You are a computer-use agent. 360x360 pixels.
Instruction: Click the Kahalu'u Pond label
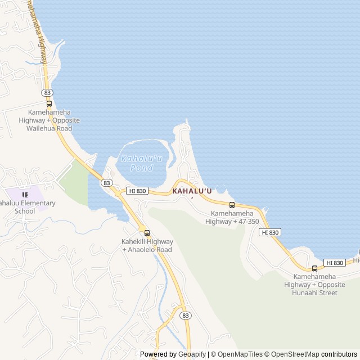[x=141, y=163]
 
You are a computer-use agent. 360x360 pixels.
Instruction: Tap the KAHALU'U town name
[x=192, y=191]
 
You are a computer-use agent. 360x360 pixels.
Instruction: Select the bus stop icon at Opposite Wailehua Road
[x=49, y=103]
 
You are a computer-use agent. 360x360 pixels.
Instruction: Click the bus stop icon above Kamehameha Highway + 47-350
[x=232, y=205]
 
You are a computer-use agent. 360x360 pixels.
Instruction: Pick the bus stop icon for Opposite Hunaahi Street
[x=314, y=268]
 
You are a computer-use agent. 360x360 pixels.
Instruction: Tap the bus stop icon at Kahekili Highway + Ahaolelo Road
[x=147, y=233]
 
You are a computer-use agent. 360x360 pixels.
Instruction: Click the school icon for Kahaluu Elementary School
[x=25, y=195]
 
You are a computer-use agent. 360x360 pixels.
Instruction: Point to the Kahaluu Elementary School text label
[x=27, y=207]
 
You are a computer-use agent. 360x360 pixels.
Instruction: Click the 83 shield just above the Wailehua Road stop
[x=47, y=92]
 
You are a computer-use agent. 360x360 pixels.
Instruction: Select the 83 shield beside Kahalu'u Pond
[x=106, y=183]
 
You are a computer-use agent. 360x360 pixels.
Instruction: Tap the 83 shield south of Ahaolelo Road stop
[x=185, y=316]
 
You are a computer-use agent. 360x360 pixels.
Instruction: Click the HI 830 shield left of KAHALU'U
[x=137, y=191]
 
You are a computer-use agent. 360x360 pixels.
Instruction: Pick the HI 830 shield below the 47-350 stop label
[x=270, y=232]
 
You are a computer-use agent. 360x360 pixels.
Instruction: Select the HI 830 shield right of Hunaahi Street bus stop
[x=335, y=263]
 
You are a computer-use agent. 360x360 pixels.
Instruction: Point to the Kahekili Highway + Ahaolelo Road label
[x=147, y=245]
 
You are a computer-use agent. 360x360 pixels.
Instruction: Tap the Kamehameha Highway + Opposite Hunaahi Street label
[x=314, y=284]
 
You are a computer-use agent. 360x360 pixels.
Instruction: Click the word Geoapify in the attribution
[x=192, y=354]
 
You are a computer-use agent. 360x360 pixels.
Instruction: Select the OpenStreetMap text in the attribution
[x=292, y=354]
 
